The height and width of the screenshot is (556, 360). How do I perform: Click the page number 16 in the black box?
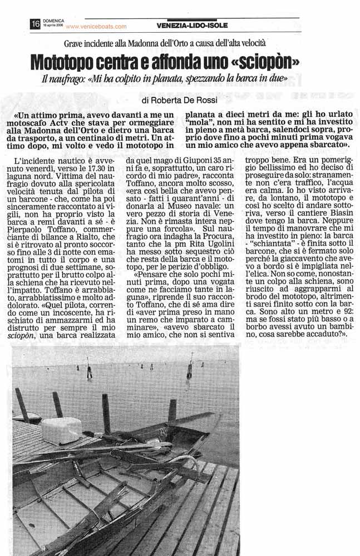tap(35, 24)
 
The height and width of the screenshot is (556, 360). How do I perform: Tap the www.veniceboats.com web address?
tap(96, 26)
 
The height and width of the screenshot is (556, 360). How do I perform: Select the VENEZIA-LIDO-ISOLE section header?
tap(191, 25)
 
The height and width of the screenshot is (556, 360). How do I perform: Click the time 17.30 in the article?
tap(87, 169)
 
